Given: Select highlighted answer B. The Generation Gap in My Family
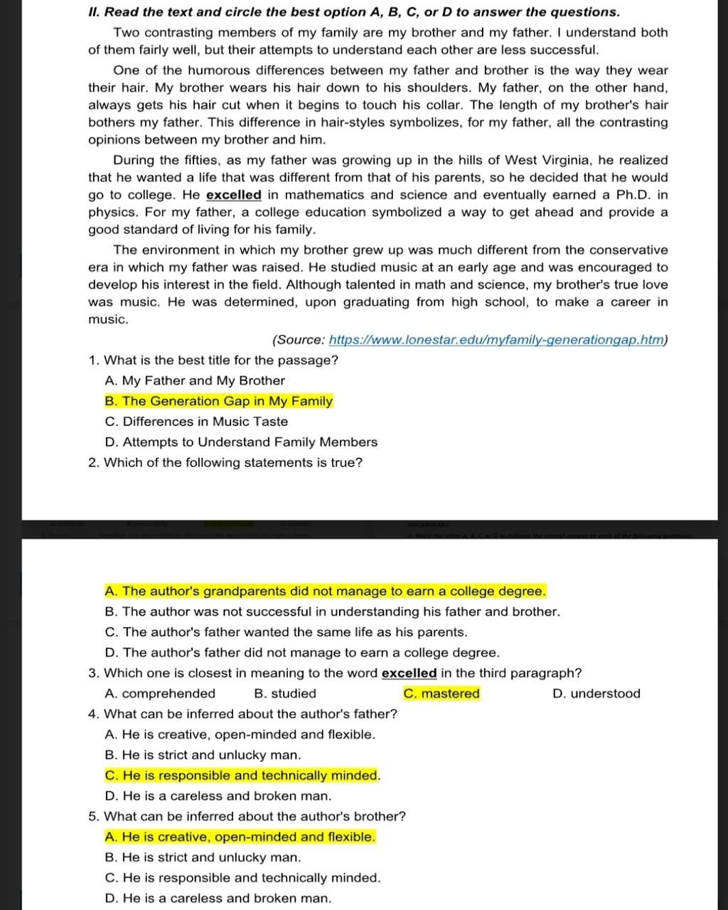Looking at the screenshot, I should (x=219, y=401).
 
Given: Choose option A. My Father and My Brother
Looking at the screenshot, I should (x=195, y=380).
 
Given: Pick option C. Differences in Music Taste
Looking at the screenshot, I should (x=196, y=422).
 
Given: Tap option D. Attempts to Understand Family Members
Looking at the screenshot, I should (x=241, y=442).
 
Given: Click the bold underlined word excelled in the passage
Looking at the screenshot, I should (x=234, y=195).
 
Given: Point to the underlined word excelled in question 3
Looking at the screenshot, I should (x=409, y=673).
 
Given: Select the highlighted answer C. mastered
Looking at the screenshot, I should (x=441, y=693).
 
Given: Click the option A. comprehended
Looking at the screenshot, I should (x=160, y=693).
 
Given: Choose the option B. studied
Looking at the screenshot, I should (x=285, y=693).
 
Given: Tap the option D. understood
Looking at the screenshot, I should (x=596, y=693).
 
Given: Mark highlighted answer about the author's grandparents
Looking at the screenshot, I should (x=326, y=591).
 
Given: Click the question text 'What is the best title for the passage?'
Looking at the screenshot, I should (x=221, y=360).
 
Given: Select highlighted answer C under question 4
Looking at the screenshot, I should (x=242, y=776).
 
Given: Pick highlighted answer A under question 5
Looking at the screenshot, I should (x=240, y=837).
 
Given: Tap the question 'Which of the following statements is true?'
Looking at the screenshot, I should (x=233, y=463).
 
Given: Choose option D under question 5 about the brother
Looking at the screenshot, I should (x=218, y=898).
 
